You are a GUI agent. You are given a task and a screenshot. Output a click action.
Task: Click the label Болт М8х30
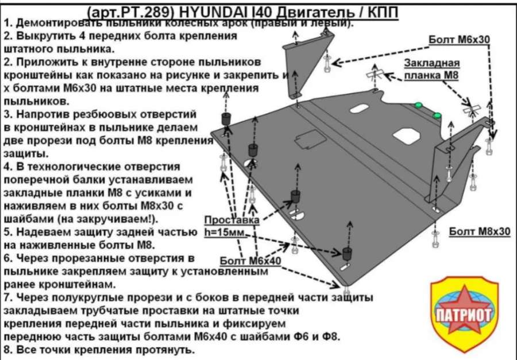(480, 231)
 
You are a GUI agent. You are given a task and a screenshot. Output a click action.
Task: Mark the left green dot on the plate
(418, 105)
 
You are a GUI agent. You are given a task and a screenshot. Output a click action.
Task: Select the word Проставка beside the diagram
(232, 220)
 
